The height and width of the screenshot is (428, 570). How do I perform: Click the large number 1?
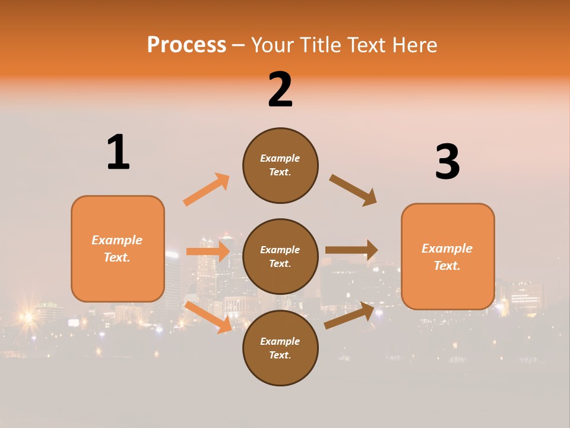[x=118, y=152]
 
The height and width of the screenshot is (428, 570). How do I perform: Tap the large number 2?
[x=280, y=90]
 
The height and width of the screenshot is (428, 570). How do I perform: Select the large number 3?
[x=447, y=162]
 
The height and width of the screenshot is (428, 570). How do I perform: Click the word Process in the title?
[x=186, y=45]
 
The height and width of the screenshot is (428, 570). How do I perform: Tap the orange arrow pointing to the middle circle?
[x=208, y=251]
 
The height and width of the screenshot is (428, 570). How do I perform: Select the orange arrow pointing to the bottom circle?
[x=208, y=317]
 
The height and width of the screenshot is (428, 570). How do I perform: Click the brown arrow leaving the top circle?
[x=353, y=190]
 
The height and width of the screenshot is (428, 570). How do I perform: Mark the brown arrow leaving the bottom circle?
[x=349, y=315]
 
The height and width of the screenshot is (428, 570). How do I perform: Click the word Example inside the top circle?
[x=280, y=158]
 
